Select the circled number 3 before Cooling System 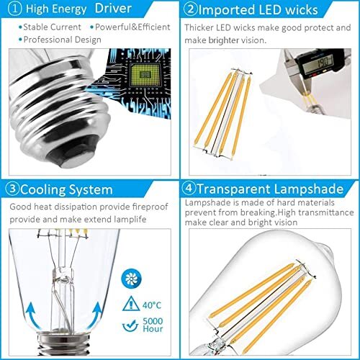[x=11, y=190]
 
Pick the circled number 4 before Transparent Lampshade [x=191, y=190]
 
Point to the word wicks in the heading [x=320, y=11]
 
